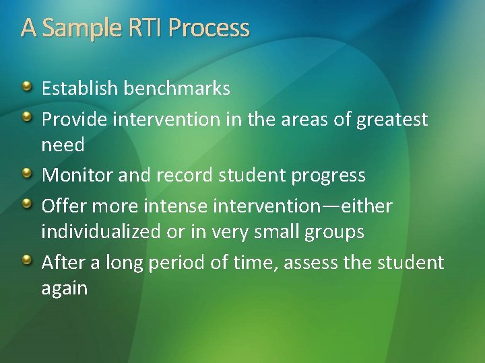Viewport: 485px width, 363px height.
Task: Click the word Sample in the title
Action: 80,28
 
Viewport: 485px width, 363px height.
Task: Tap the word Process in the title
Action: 209,28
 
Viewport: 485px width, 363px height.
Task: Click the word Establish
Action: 81,88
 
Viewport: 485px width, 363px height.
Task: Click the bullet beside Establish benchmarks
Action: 26,87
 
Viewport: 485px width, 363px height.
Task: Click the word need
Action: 63,145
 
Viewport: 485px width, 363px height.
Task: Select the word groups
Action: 333,232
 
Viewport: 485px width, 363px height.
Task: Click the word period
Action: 183,262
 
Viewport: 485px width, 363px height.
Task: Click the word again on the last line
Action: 65,288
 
